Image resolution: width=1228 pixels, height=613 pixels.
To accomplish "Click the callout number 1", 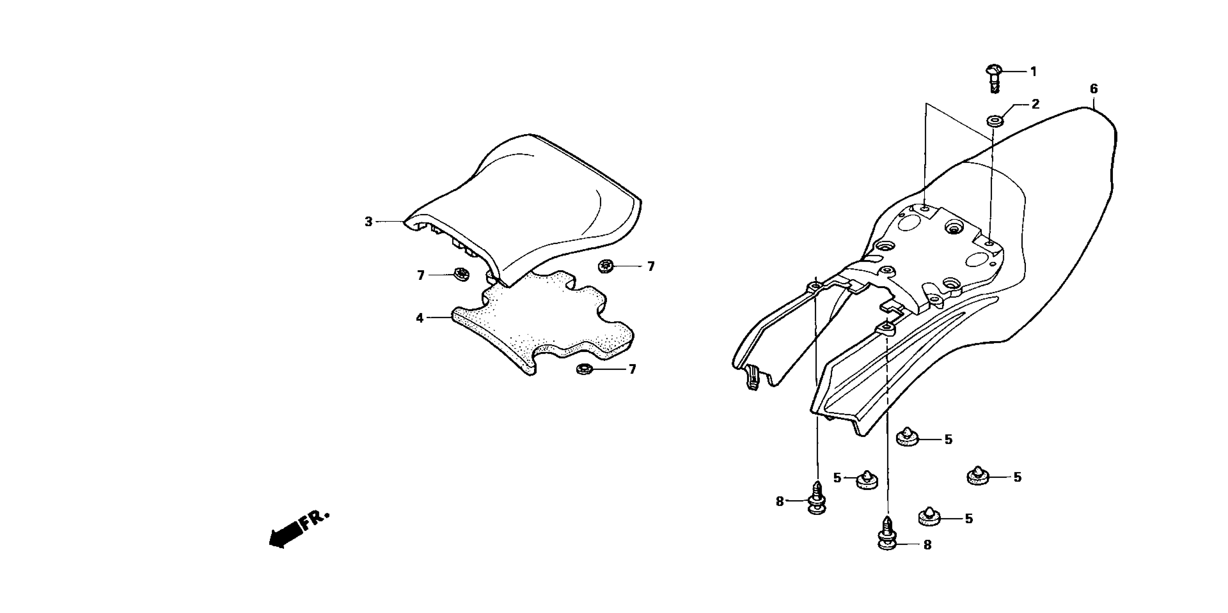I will click(x=1033, y=72).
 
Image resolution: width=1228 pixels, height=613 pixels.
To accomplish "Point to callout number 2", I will click(x=1035, y=104).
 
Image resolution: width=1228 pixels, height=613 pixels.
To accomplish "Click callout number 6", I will click(x=1093, y=89).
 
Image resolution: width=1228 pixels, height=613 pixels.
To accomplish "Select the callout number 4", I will click(x=420, y=318).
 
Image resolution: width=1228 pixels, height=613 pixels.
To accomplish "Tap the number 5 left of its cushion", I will click(x=837, y=478).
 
